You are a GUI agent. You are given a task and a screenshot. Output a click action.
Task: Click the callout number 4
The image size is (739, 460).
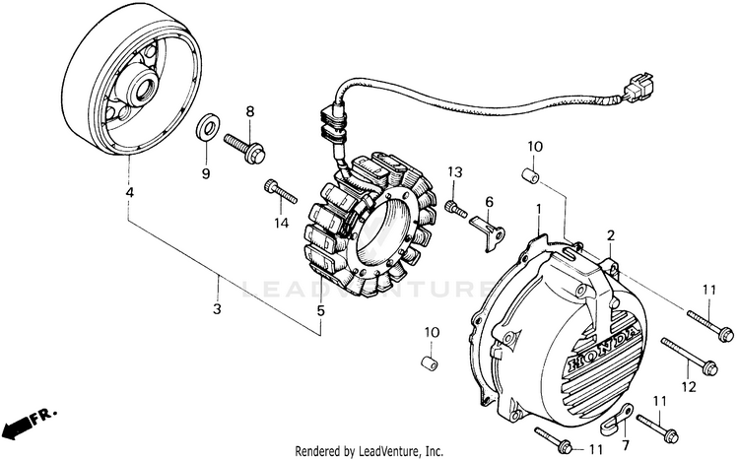(x=129, y=192)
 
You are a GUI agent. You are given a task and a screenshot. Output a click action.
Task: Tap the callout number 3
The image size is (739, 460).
(x=218, y=308)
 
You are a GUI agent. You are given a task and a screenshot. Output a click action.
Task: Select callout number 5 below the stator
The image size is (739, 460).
(x=320, y=310)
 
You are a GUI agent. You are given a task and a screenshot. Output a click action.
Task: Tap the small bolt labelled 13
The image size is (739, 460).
(x=454, y=207)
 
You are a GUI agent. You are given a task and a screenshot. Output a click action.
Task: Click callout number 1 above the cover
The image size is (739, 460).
(x=539, y=210)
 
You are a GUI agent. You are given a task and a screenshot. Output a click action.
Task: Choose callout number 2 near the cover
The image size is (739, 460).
(x=611, y=235)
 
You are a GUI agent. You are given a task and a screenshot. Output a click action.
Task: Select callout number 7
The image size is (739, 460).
(x=625, y=443)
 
